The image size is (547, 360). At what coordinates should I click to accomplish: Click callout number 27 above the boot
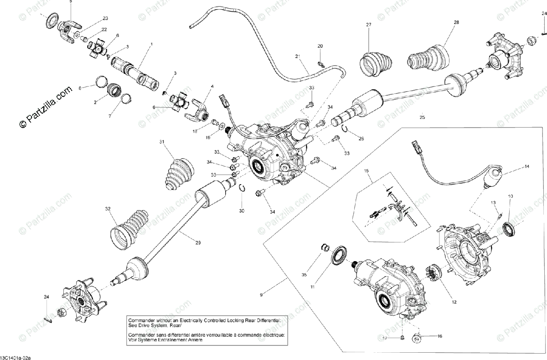369,25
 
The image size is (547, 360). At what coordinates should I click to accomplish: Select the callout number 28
456,22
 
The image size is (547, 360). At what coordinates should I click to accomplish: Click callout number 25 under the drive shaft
422,117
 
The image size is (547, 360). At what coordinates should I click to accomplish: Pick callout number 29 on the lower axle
198,243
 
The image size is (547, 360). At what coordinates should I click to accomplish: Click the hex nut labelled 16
417,339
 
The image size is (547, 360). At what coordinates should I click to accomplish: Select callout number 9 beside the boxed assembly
261,295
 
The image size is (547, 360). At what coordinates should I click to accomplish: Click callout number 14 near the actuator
527,167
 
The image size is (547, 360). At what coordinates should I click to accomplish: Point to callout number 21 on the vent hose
297,57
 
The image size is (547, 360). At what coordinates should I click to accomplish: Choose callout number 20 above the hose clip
320,46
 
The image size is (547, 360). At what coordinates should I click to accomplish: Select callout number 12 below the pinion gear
454,302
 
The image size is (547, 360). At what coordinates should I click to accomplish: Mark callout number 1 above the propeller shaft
151,44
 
